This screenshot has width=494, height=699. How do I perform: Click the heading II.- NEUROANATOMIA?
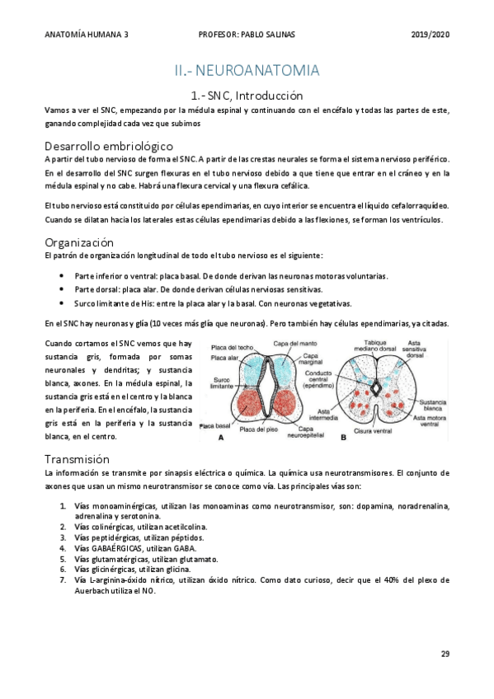(x=247, y=71)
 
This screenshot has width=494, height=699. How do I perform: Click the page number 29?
(x=445, y=654)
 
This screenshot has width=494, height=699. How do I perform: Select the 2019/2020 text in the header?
(x=429, y=35)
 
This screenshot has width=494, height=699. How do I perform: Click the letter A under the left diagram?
(x=220, y=439)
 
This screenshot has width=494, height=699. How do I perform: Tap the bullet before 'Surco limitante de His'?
(x=64, y=303)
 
